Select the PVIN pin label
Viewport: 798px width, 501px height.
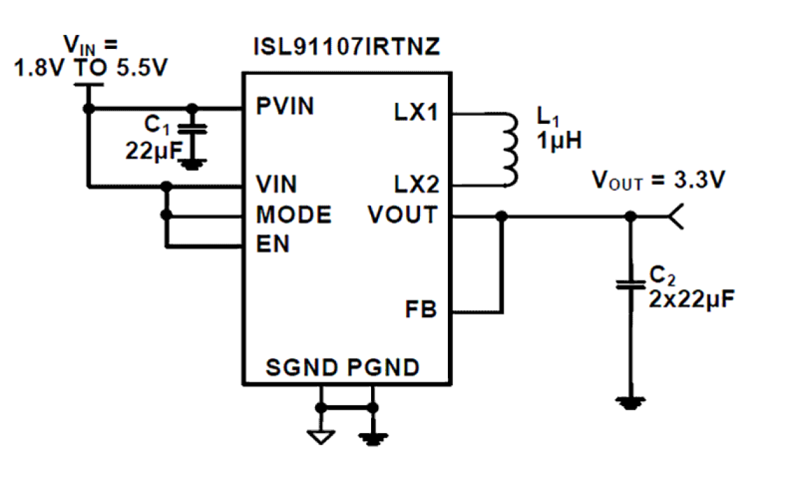coord(285,106)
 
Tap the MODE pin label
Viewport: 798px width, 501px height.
coord(293,215)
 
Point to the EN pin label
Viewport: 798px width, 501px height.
coord(273,244)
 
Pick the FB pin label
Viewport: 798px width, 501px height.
coord(421,310)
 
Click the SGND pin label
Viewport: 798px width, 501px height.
coord(302,367)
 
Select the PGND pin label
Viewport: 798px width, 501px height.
coord(384,367)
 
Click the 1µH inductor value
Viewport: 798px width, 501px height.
coord(558,140)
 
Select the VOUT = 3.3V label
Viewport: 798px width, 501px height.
coord(658,181)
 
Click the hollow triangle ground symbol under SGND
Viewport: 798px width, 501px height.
coord(321,437)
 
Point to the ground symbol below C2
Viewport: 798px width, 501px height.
coord(630,402)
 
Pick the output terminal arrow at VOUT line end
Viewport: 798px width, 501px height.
coord(677,217)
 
